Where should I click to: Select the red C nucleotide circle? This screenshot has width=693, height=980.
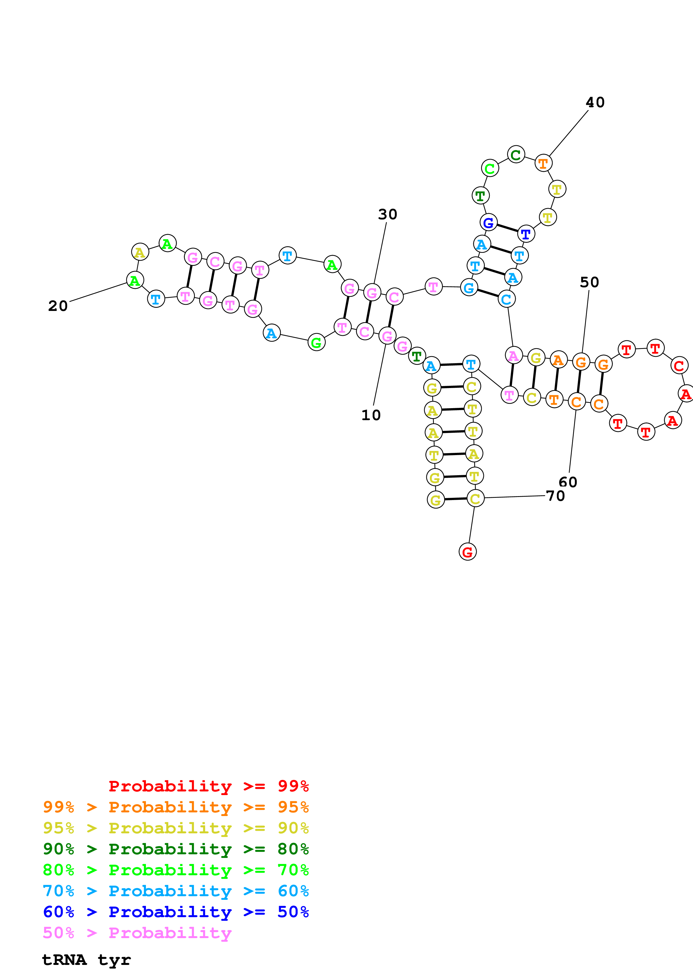[679, 365]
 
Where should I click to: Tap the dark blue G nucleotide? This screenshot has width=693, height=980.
[488, 222]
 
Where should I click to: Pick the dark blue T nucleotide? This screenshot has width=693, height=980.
[526, 234]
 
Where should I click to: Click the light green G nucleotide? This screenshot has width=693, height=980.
[316, 342]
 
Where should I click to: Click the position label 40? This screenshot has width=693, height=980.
[595, 103]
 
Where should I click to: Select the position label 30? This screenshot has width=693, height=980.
[387, 214]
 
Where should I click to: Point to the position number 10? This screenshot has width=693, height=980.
[371, 415]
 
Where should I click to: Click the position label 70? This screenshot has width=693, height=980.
[555, 496]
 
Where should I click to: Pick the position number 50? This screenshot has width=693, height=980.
[589, 282]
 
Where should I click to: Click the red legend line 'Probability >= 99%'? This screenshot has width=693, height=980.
[208, 786]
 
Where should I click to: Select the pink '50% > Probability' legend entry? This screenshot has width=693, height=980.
[137, 933]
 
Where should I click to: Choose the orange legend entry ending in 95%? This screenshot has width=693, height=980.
[176, 807]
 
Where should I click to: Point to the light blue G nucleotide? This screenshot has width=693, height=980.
[469, 288]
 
